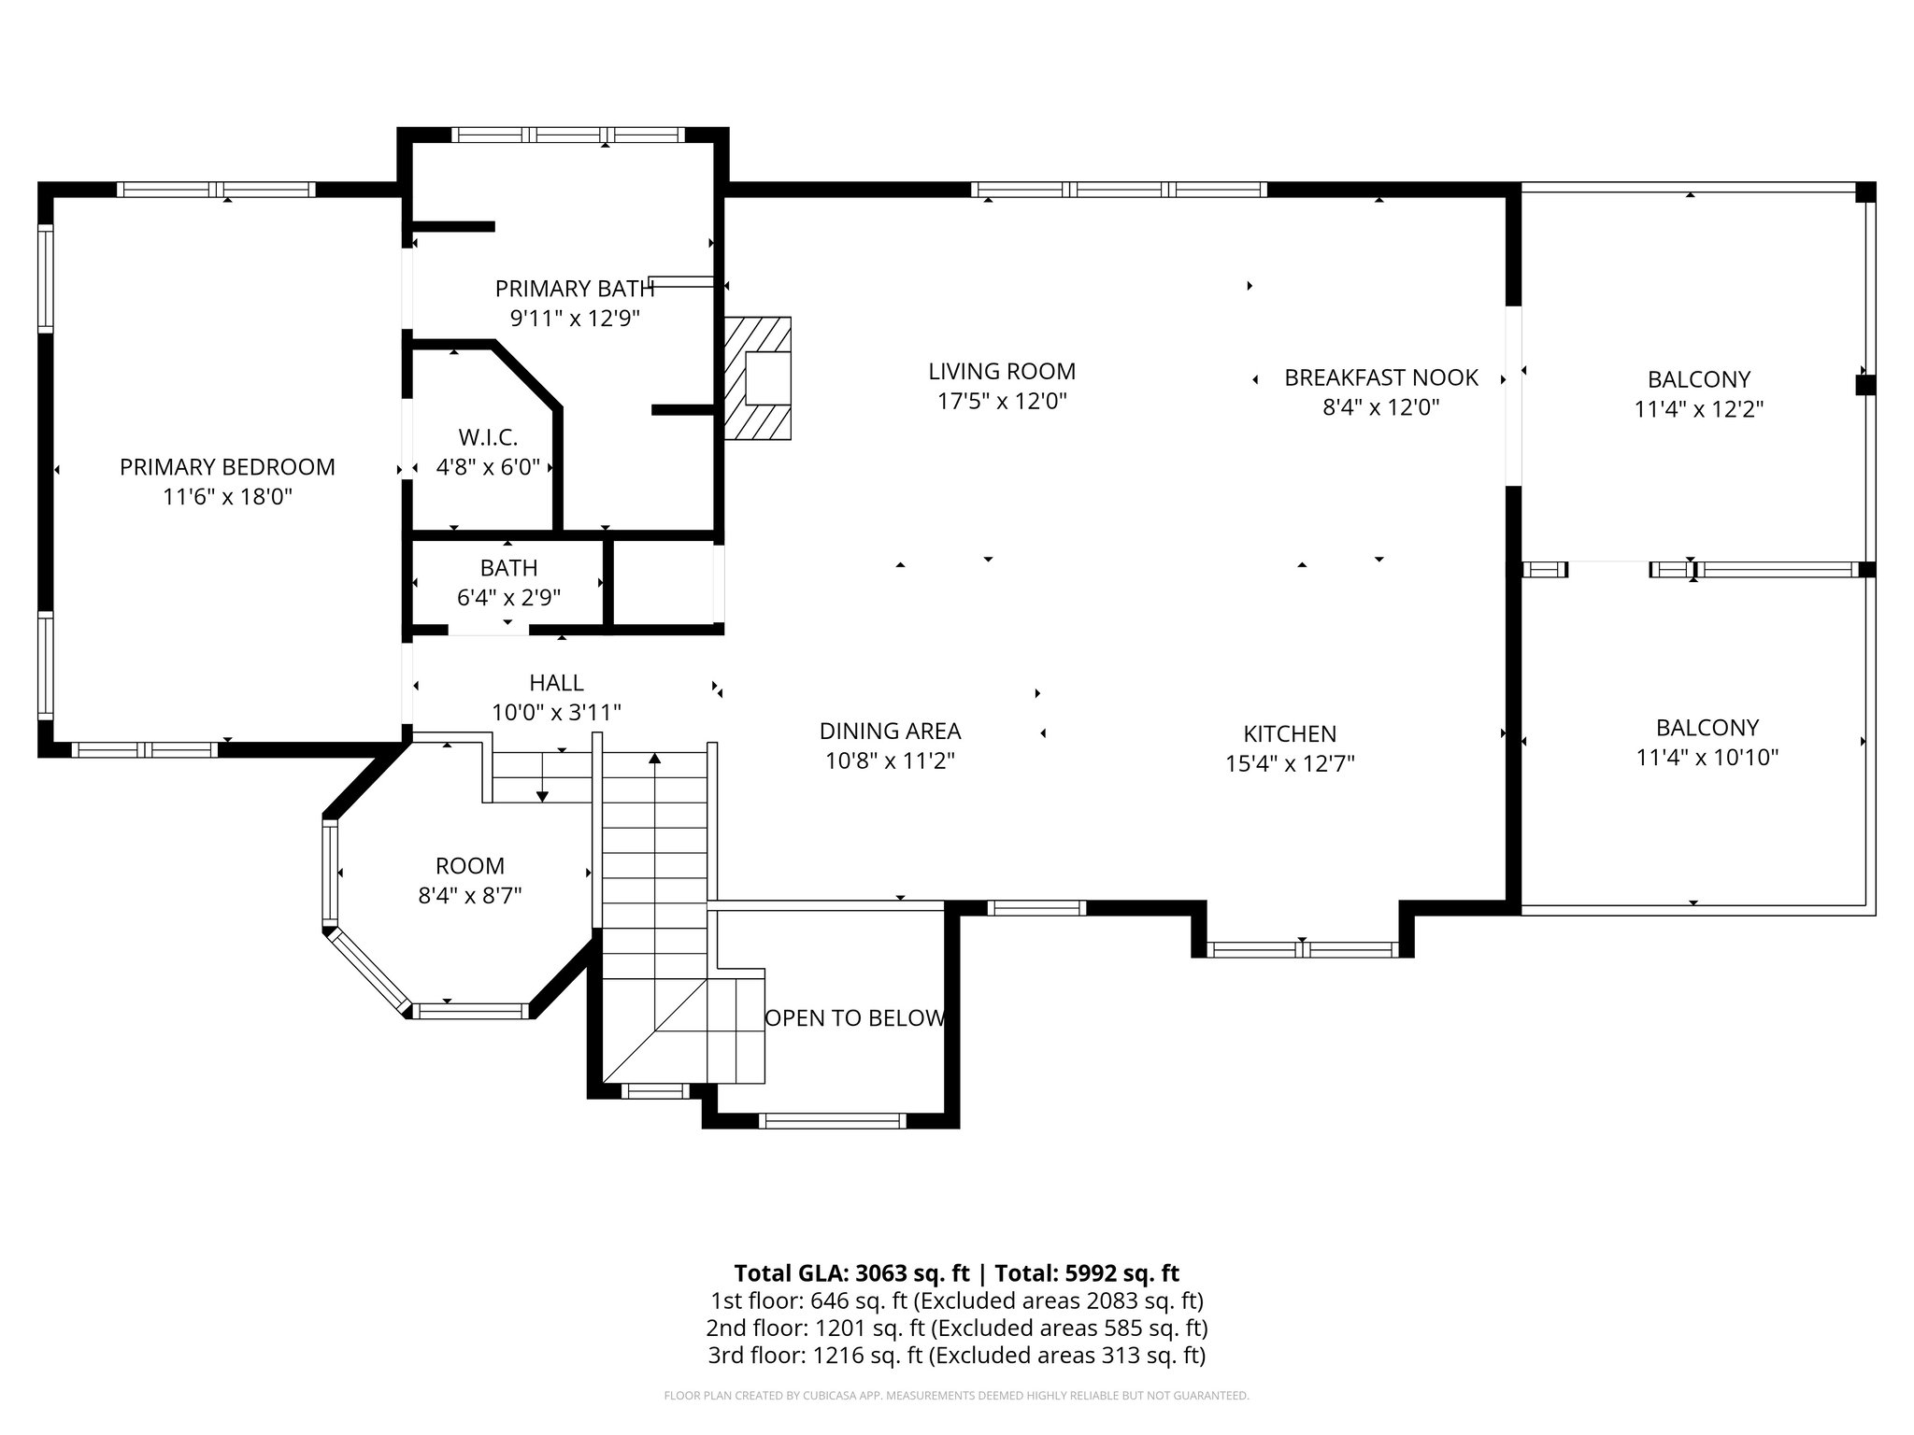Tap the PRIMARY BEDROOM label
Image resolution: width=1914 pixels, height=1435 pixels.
click(227, 466)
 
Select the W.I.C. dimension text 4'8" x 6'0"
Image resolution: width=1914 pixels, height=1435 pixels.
click(488, 467)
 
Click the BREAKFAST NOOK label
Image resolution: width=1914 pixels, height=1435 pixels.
click(1380, 377)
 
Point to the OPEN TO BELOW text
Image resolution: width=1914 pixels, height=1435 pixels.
click(854, 1018)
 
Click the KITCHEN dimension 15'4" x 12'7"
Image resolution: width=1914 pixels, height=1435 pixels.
click(1290, 764)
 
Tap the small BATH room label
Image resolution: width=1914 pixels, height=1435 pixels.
click(508, 567)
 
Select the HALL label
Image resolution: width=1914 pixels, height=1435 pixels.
click(556, 683)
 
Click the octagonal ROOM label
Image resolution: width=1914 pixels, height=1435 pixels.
click(469, 866)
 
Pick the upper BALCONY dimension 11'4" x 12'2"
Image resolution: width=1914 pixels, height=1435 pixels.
click(1698, 409)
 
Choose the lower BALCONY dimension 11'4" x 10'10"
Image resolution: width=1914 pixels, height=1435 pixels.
click(1707, 758)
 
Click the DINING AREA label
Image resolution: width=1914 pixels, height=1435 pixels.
click(890, 731)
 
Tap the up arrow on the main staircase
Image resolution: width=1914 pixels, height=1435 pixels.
click(655, 759)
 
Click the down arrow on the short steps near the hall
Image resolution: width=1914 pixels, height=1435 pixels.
click(542, 795)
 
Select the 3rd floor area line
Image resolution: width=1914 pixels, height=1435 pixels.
click(956, 1356)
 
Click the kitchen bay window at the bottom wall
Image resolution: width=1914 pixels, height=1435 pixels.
click(1302, 950)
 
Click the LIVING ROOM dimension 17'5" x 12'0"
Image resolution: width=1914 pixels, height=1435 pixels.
click(1002, 402)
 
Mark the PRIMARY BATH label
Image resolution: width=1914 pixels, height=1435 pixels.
click(574, 289)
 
